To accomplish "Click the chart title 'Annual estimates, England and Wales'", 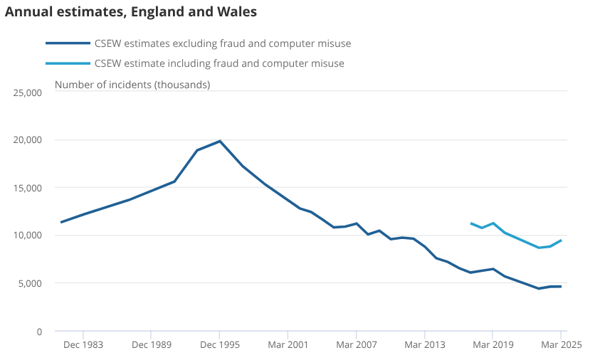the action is (x=131, y=11).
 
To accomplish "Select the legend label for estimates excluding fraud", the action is (x=223, y=43).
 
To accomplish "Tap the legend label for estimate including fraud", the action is (x=219, y=63).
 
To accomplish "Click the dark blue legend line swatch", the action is (x=68, y=43).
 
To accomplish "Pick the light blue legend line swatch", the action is (x=68, y=63).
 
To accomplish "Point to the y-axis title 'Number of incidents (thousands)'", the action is (x=132, y=85).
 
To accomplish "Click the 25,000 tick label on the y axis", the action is (x=28, y=92).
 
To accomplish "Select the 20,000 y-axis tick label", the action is (x=28, y=140).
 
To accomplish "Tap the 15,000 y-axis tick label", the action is (x=28, y=188).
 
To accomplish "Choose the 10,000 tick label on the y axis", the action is (x=28, y=235).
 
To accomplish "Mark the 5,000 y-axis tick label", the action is (x=30, y=283).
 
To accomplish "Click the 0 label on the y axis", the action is (x=39, y=332).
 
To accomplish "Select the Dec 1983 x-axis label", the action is (x=83, y=344).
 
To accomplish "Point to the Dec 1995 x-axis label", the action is (x=220, y=344).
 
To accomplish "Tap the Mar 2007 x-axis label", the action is (x=357, y=344).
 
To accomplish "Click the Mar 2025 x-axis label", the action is (x=562, y=344).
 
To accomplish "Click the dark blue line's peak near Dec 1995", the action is (x=220, y=141).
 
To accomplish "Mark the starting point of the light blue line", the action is (x=471, y=223).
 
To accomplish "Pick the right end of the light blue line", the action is (x=561, y=240).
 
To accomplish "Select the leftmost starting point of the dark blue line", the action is (x=61, y=222).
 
